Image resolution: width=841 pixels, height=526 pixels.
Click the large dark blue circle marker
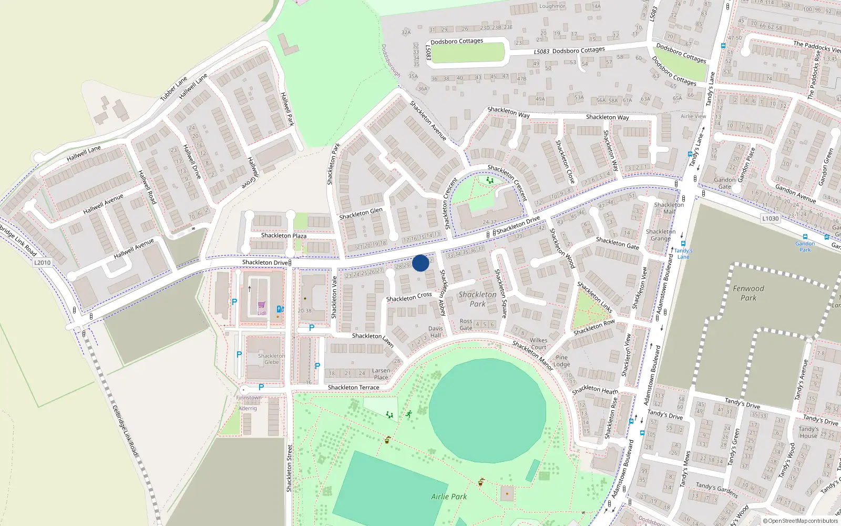coord(420,263)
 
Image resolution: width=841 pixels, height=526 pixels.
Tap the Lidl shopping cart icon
coord(261,305)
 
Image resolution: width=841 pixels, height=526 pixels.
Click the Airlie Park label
coord(449,497)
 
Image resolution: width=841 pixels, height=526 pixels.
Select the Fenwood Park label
coord(748,293)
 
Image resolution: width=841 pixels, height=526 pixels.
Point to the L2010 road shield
coord(43,262)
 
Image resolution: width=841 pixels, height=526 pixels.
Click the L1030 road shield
coord(770,218)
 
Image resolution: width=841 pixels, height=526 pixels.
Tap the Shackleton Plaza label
coord(283,236)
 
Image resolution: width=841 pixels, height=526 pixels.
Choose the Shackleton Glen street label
coord(361,213)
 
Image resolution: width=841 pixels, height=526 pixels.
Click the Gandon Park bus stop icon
coord(805,237)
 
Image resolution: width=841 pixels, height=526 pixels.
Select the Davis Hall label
coord(436,332)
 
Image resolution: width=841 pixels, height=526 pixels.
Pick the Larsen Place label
coord(381,374)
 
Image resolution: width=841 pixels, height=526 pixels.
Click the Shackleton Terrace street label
coord(353,388)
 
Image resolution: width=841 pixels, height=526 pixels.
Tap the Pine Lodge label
coord(561,361)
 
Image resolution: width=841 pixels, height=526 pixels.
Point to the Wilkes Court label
coord(538,343)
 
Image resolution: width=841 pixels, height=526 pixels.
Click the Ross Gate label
coord(466,325)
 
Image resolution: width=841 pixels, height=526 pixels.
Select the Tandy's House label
coord(808,432)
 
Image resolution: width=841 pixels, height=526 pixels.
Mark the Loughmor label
coord(552,6)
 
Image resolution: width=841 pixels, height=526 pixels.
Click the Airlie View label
coord(693,116)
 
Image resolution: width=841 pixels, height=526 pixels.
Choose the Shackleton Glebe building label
coord(271,359)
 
